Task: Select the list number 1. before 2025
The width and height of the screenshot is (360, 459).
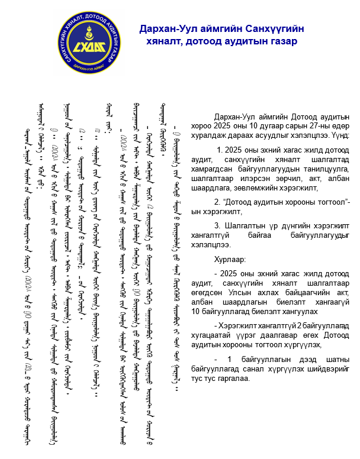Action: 222,150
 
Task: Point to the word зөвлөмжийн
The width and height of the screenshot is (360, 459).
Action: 253,188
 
